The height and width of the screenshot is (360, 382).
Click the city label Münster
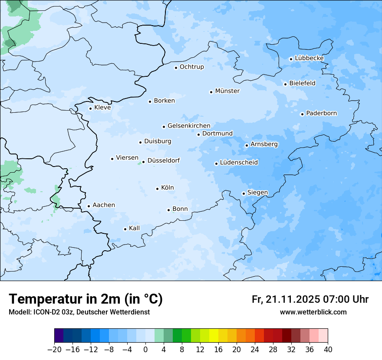tap(227, 91)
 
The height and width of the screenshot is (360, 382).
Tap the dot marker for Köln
tap(158, 189)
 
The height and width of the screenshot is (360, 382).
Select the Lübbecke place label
tap(309, 58)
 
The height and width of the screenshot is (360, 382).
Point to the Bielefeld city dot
tap(286, 84)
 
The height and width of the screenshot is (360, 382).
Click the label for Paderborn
tap(321, 113)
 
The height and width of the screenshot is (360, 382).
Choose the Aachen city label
tap(104, 205)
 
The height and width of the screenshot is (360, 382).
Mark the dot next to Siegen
tap(244, 193)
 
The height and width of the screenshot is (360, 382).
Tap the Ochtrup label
tap(191, 67)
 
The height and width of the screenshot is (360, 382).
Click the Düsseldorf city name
tap(164, 160)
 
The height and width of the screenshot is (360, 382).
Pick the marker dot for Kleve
tap(91, 108)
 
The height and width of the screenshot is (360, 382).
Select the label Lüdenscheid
tap(239, 163)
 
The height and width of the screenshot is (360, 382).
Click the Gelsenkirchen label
tap(189, 126)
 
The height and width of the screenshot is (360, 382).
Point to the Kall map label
tap(135, 228)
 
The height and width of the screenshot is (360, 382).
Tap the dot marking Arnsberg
tap(247, 145)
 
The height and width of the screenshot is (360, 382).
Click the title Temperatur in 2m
tap(86, 299)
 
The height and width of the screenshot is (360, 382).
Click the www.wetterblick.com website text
tap(313, 312)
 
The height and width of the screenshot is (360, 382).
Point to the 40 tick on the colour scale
tap(328, 350)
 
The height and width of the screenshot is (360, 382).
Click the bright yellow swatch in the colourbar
tap(214, 336)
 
